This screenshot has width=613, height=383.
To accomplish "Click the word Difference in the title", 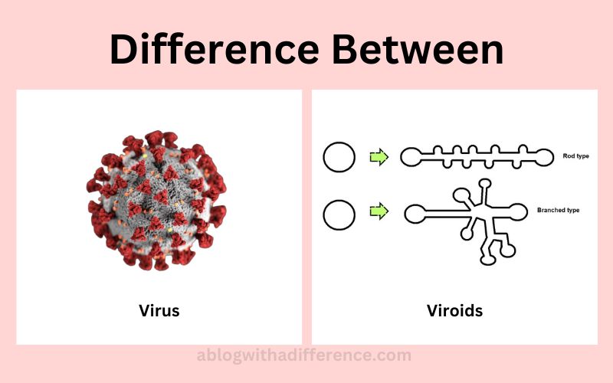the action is click(215, 49).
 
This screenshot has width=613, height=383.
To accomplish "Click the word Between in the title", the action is click(418, 49).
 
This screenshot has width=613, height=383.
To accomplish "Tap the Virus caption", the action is click(159, 311).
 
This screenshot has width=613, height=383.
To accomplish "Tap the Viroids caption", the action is click(454, 311).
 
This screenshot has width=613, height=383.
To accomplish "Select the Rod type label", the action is click(575, 156).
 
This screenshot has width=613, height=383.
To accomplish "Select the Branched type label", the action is click(559, 210).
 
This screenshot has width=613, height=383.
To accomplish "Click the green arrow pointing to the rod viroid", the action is click(379, 157).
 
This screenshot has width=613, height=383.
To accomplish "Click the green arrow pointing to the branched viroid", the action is click(379, 211).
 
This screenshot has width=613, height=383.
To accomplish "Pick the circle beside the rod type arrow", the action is click(339, 157).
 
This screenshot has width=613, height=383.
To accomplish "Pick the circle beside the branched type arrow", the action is click(339, 214).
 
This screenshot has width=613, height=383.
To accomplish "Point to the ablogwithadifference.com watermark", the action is click(303, 355).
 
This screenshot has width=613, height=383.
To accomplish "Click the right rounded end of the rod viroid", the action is click(543, 157).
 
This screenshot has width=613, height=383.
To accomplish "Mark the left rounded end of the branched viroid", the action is click(415, 214).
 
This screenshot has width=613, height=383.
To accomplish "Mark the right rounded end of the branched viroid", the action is click(517, 212).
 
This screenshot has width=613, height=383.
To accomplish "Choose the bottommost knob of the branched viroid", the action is click(487, 260).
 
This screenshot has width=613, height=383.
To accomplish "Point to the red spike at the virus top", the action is click(154, 139).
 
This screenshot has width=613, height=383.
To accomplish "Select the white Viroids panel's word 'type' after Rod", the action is click(582, 156).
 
